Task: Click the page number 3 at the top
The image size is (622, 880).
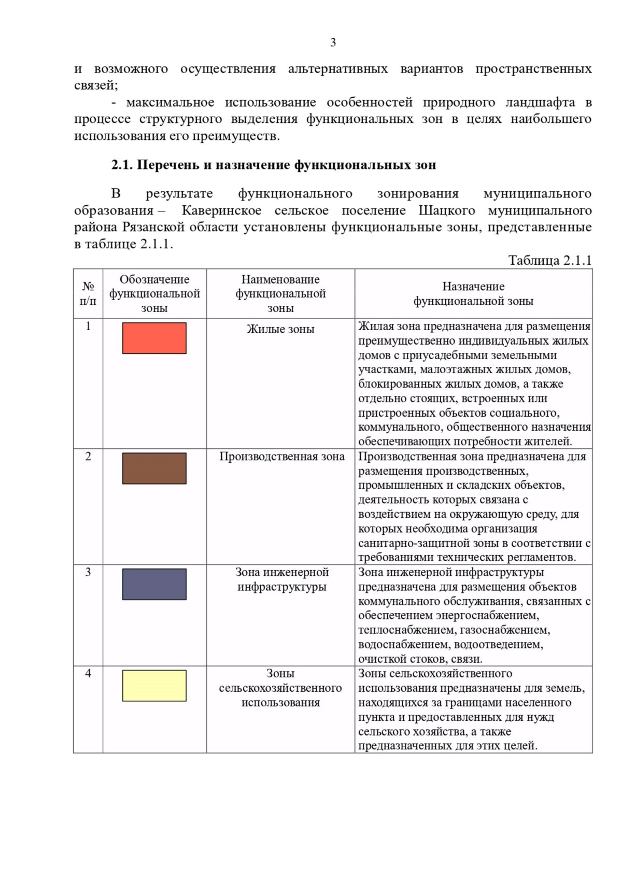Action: point(333,42)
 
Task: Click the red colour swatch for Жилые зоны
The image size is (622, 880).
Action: point(154,338)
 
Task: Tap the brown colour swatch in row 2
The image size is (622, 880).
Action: point(154,468)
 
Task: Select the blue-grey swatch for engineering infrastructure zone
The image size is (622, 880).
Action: point(154,584)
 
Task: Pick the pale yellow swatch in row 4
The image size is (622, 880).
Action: point(154,685)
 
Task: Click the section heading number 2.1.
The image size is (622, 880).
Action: point(122,165)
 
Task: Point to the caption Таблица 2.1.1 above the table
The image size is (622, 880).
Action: point(549,260)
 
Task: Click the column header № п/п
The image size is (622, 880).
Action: point(88,293)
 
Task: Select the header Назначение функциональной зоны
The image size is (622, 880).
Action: point(473,293)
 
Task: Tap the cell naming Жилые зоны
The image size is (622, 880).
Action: point(280,329)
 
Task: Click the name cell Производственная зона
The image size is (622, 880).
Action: point(281,457)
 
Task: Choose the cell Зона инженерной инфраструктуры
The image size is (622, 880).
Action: point(281,579)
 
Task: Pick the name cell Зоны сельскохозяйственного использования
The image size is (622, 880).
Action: point(280,688)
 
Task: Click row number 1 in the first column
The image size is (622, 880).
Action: point(88,326)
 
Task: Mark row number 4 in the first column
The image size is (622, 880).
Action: point(88,673)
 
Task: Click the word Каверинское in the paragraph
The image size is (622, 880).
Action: point(221,210)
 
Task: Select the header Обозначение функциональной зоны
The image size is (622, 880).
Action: point(154,293)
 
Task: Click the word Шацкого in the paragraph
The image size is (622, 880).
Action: point(447,210)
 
